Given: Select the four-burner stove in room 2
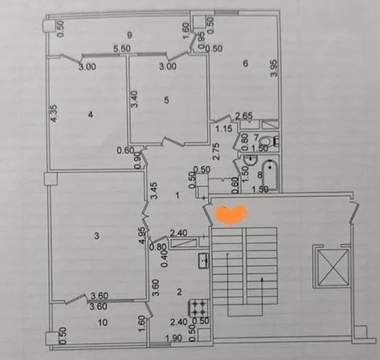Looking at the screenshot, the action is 199,309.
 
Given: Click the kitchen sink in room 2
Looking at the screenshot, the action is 204,261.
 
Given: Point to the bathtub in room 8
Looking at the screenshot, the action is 269,176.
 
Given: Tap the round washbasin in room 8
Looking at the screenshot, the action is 250,161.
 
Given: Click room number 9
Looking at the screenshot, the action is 130,36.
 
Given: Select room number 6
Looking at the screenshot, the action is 246,63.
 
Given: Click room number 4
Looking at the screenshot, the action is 90,115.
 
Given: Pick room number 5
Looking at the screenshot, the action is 167,100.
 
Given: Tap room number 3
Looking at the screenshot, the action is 96,236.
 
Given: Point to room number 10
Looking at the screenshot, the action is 103,322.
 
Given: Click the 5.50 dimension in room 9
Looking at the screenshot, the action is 122,49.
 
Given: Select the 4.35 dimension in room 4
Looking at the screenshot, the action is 54,113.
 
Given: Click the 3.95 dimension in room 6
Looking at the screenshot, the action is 273,68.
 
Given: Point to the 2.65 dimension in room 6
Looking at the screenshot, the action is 244,116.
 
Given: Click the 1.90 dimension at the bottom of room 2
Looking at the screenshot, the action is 173,338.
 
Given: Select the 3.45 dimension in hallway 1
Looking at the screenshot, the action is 154,191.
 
